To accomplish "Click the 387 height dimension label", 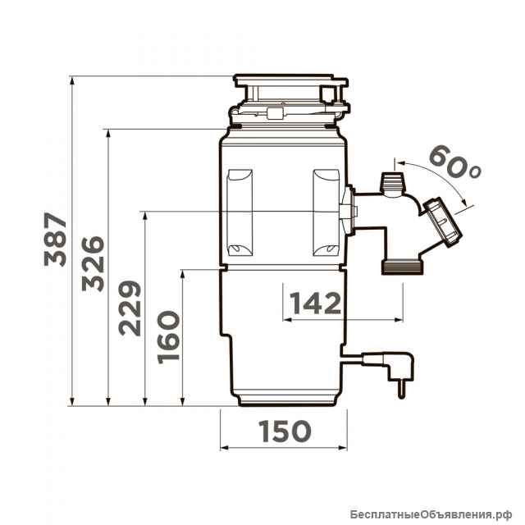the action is [56, 239].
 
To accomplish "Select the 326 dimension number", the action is [93, 264].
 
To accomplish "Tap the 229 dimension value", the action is [130, 308].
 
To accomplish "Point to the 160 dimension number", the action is [168, 337].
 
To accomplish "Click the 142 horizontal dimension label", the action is [315, 303].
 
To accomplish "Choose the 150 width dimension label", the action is [285, 431].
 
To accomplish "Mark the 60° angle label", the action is [454, 162].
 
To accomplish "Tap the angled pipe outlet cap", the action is [443, 221].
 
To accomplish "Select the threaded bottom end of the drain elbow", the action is [403, 268].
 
